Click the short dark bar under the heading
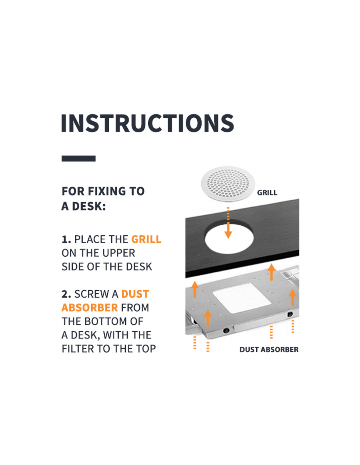click(79, 158)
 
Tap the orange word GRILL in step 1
click(146, 239)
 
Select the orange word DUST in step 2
click(135, 294)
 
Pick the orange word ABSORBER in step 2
click(90, 307)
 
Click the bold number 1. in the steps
click(66, 239)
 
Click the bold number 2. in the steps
click(66, 294)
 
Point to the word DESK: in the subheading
click(89, 206)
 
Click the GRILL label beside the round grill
click(267, 193)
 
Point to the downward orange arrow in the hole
click(228, 223)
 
